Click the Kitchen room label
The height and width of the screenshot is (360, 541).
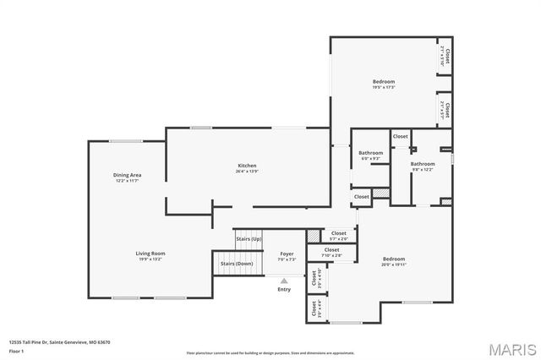[247, 165]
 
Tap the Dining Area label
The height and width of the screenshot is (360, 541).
[127, 175]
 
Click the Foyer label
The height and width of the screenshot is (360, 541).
[287, 253]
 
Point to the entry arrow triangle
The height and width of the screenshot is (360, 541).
[284, 280]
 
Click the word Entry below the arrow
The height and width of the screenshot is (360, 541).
[284, 290]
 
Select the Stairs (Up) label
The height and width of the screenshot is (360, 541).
[249, 238]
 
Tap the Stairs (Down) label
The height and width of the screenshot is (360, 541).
[237, 264]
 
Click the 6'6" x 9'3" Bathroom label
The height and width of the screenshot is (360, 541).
[370, 153]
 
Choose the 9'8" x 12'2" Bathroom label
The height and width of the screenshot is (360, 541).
[423, 164]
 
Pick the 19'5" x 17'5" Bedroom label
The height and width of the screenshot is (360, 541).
[384, 82]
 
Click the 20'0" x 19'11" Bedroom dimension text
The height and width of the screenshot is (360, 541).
[394, 265]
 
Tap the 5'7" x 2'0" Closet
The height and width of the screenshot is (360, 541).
[338, 234]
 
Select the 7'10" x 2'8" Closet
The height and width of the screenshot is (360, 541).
[331, 251]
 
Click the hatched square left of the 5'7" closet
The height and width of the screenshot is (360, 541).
[313, 235]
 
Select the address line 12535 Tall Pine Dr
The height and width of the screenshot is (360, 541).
[60, 342]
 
